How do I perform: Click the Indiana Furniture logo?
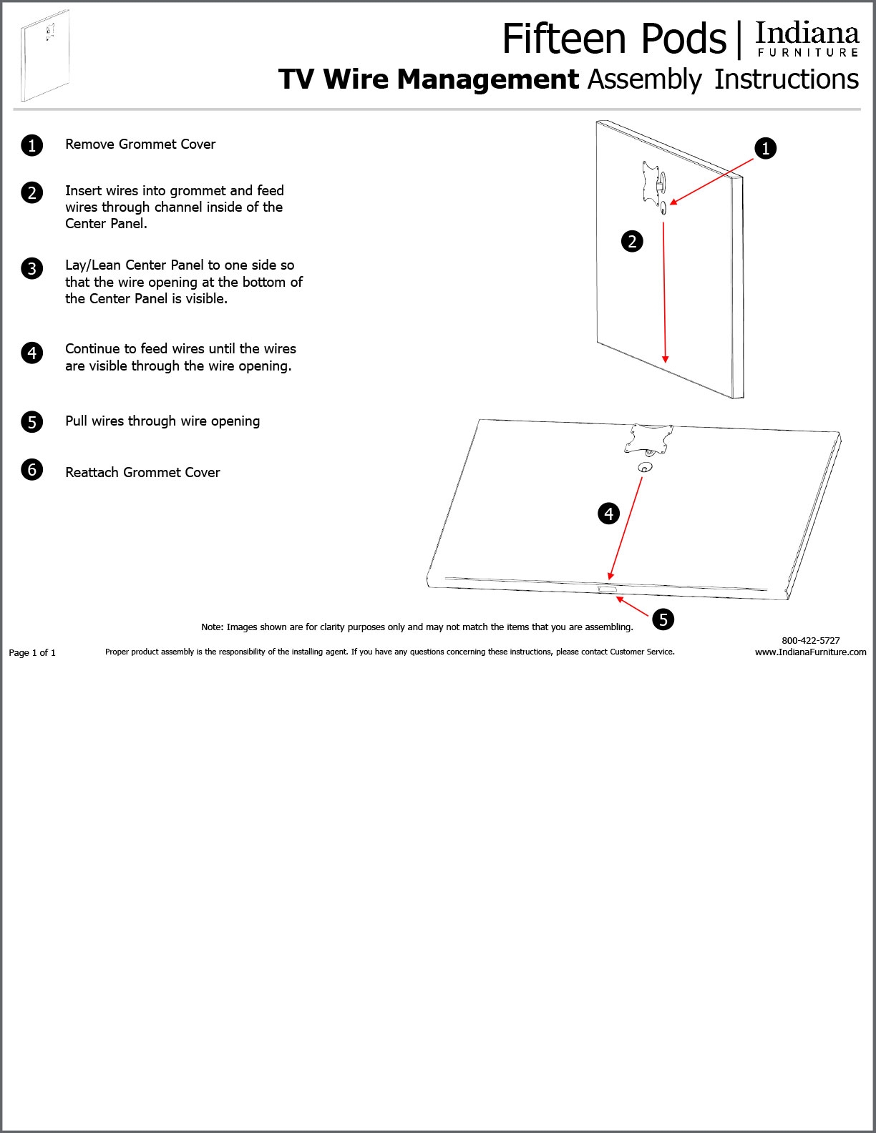tap(807, 40)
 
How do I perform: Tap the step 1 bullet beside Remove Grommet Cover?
tap(32, 145)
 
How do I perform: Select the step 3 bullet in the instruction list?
tap(32, 269)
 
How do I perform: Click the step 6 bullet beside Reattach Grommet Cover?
tap(32, 470)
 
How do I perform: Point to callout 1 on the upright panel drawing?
tap(765, 149)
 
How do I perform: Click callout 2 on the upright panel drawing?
tap(632, 242)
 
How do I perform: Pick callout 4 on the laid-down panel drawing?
tap(608, 514)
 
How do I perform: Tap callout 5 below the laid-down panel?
tap(663, 619)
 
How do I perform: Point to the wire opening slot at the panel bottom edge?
tap(606, 589)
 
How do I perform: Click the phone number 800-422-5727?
tap(810, 640)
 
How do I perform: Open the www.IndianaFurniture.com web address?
tap(810, 652)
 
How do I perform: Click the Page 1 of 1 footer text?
tap(32, 652)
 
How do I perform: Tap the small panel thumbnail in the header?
tap(45, 55)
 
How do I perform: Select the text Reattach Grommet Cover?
tap(142, 473)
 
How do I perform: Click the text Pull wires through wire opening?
tap(162, 421)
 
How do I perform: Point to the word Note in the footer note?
tap(211, 627)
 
